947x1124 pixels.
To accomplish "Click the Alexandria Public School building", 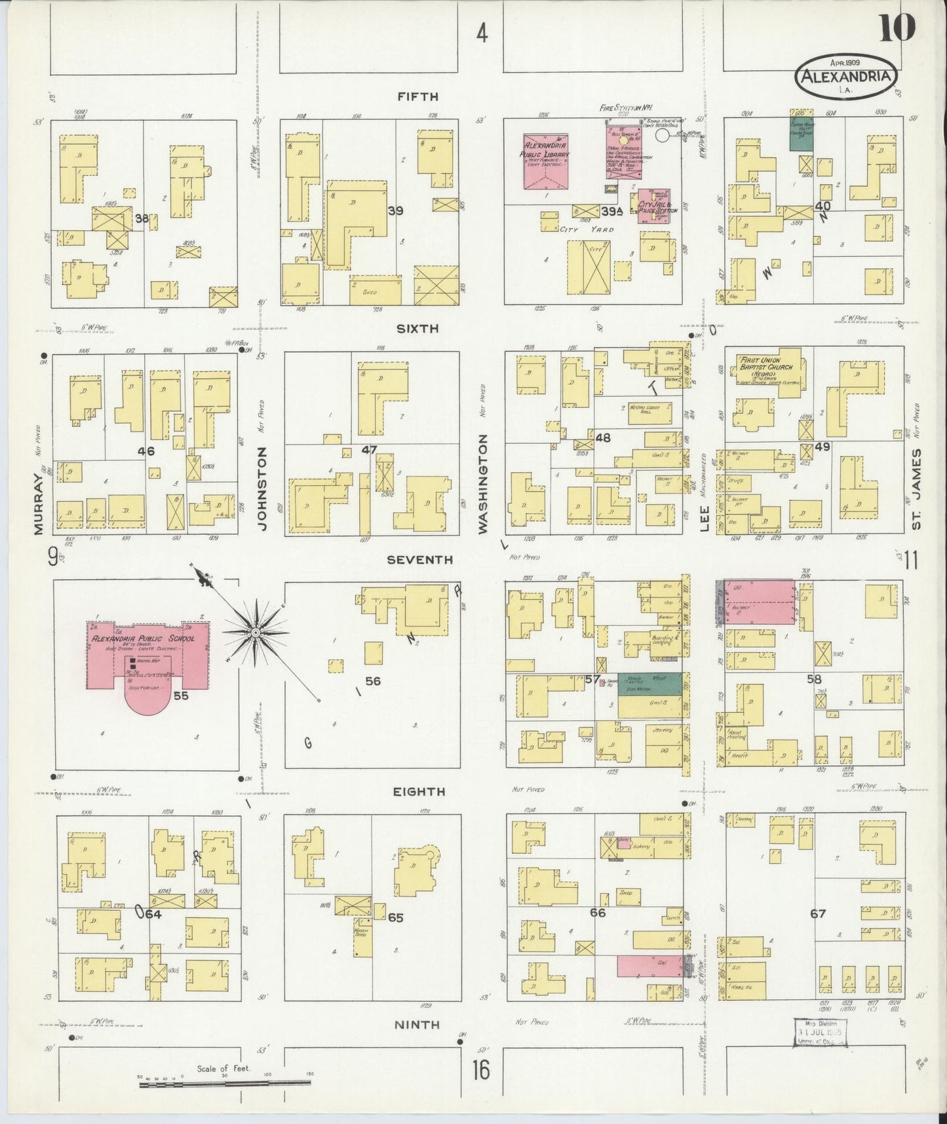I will [148, 656].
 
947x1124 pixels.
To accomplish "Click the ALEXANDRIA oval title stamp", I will [845, 77].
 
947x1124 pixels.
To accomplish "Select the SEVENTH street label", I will [419, 559].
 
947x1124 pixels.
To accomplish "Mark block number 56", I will [373, 681].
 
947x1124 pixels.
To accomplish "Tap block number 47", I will [370, 451].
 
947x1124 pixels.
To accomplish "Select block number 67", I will [818, 913].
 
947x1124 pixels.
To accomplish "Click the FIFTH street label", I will [417, 97].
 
